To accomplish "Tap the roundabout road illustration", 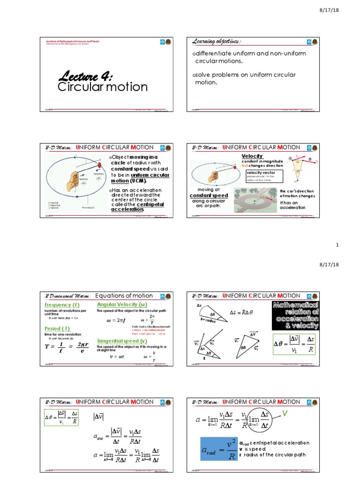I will tap(255, 200).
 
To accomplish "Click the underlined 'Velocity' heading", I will tap(252, 156).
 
